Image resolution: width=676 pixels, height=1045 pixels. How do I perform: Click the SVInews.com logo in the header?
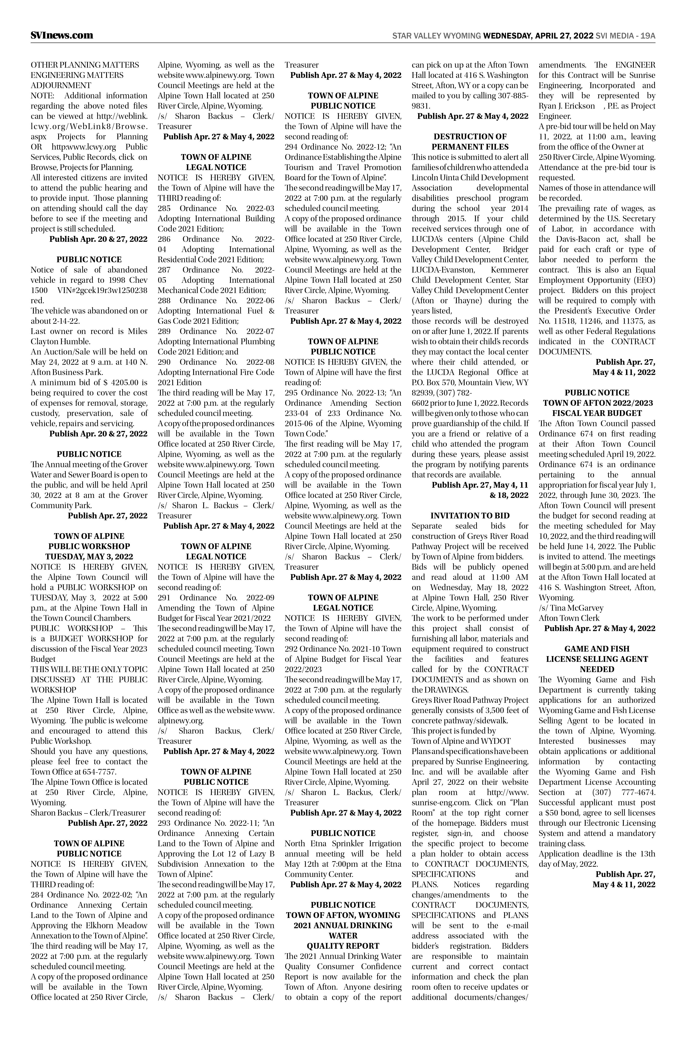coord(62,35)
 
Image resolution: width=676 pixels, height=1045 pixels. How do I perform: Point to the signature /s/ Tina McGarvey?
coord(571,608)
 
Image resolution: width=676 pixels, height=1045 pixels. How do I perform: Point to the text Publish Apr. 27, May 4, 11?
coord(480,485)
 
